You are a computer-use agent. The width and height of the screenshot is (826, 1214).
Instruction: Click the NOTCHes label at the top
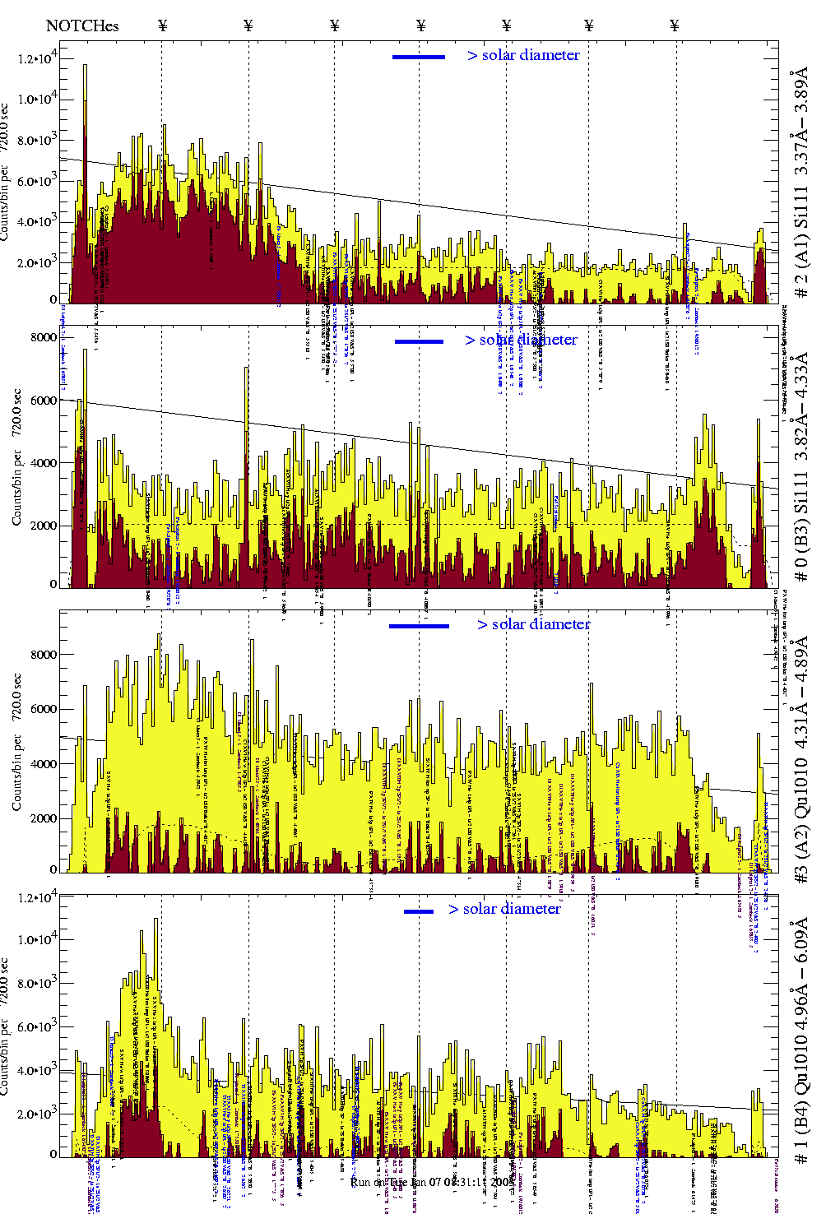pyautogui.click(x=82, y=25)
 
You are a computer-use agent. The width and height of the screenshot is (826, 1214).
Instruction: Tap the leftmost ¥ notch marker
pyautogui.click(x=163, y=25)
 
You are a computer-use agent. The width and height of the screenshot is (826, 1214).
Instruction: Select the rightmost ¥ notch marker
pyautogui.click(x=675, y=25)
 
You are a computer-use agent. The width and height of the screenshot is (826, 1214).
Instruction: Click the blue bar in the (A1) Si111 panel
pyautogui.click(x=418, y=57)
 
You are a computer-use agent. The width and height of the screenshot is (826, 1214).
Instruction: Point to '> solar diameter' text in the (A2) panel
pyautogui.click(x=533, y=624)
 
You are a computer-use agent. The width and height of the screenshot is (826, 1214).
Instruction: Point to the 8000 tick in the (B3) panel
pyautogui.click(x=44, y=337)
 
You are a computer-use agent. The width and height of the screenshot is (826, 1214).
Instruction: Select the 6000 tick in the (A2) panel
pyautogui.click(x=44, y=709)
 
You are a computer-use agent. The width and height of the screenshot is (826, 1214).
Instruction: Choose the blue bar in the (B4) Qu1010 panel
pyautogui.click(x=418, y=911)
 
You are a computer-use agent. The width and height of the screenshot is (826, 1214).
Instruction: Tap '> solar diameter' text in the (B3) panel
pyautogui.click(x=521, y=340)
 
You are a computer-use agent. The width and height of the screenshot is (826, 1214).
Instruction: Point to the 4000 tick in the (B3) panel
pyautogui.click(x=44, y=463)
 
